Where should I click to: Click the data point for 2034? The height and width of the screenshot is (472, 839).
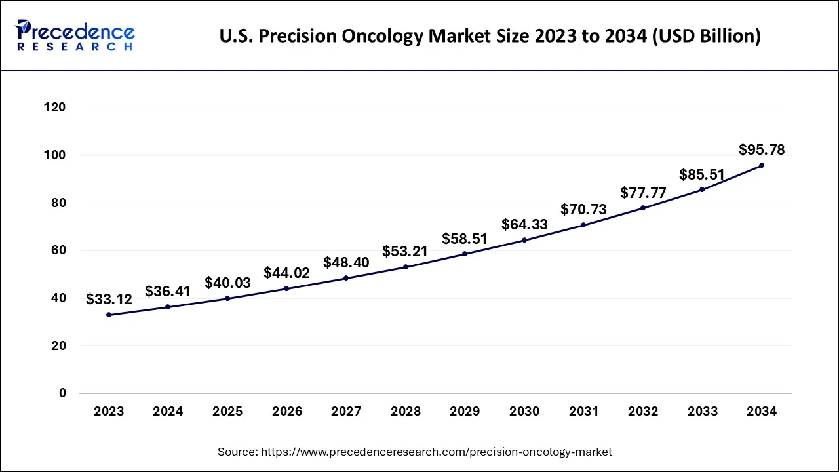pyautogui.click(x=761, y=165)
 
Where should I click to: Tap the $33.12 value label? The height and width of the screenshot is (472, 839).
pyautogui.click(x=109, y=300)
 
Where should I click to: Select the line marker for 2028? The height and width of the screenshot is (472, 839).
pyautogui.click(x=406, y=267)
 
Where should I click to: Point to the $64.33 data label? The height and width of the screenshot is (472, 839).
pyautogui.click(x=524, y=224)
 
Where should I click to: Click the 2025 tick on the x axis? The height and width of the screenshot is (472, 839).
pyautogui.click(x=227, y=412)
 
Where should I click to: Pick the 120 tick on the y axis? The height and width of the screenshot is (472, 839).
pyautogui.click(x=55, y=108)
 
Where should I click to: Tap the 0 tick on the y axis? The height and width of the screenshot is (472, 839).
pyautogui.click(x=62, y=393)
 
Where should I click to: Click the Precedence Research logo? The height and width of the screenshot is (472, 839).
pyautogui.click(x=75, y=35)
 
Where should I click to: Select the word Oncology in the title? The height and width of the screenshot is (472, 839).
pyautogui.click(x=383, y=37)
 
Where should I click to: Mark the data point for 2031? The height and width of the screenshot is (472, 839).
pyautogui.click(x=583, y=225)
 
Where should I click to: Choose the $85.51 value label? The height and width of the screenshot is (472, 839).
pyautogui.click(x=702, y=174)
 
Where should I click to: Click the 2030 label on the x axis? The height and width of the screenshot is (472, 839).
pyautogui.click(x=524, y=412)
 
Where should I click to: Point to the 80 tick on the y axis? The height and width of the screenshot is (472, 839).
pyautogui.click(x=58, y=203)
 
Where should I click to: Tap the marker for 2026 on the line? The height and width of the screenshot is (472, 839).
pyautogui.click(x=286, y=288)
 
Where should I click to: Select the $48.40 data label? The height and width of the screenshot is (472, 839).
pyautogui.click(x=346, y=263)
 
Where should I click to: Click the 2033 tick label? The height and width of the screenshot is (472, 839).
pyautogui.click(x=702, y=412)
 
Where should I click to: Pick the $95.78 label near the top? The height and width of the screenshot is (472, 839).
pyautogui.click(x=762, y=149)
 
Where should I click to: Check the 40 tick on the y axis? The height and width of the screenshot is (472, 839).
pyautogui.click(x=58, y=298)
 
